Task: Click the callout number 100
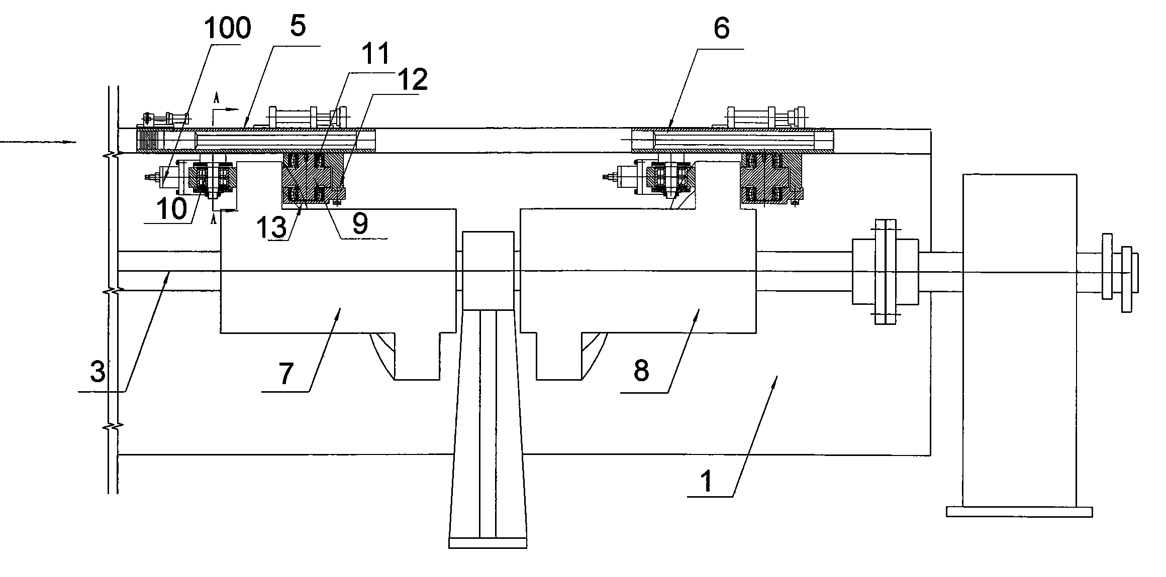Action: click(x=227, y=29)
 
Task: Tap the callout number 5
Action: click(x=298, y=26)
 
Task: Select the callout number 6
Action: click(x=721, y=29)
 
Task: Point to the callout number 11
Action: click(x=376, y=53)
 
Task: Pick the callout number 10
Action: click(x=171, y=209)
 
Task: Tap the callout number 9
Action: click(x=360, y=224)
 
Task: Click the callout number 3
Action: click(x=98, y=372)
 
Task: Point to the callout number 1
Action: click(x=707, y=481)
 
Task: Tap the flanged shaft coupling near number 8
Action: click(x=885, y=272)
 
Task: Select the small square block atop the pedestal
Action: click(x=488, y=271)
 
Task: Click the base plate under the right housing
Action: click(x=1019, y=511)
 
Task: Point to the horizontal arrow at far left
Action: click(x=38, y=142)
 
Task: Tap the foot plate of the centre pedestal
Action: click(x=488, y=543)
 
